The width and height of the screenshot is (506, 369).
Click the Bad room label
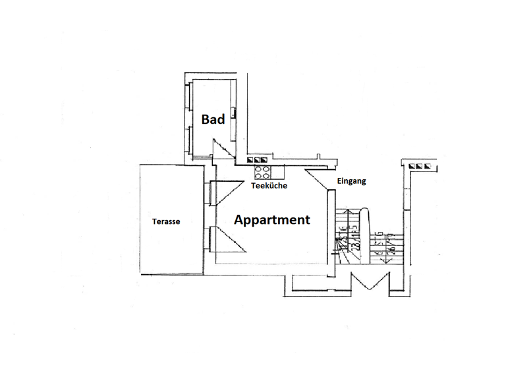coord(213,119)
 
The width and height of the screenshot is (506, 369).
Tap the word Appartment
coord(271,220)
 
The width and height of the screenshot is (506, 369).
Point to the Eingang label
coord(351,181)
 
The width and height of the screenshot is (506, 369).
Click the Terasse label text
coord(166,221)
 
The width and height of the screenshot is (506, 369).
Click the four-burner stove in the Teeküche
coord(263,172)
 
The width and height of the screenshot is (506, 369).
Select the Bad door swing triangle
coord(221,148)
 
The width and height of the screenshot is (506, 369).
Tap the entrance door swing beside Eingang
coord(319,180)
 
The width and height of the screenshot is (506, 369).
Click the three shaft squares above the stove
coord(257,159)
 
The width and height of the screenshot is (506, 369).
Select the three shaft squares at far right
coord(422,166)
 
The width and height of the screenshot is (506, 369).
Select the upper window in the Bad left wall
coord(188,98)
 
